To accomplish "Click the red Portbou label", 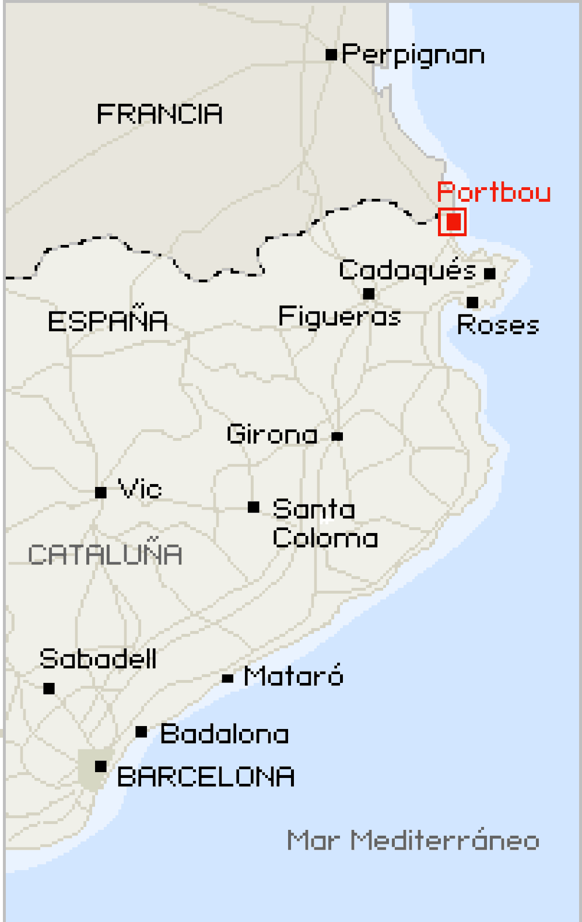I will pos(494,193).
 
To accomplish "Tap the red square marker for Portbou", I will pos(453,222).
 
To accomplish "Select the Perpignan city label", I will pos(413,55).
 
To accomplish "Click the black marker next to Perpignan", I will pos(331,54).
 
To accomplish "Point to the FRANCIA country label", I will pos(160,114).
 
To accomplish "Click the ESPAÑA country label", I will pos(108,321).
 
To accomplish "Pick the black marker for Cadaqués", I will pos(490,274).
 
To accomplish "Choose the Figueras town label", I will pos(339,317).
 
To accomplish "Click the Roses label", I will pos(498,325).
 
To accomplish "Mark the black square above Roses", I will pos(472,303).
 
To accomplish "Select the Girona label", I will pos(272,434).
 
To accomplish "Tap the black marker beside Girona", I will pos(338,437).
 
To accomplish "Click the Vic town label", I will pos(140,489).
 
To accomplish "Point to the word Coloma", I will pos(325,538).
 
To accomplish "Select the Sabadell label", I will pos(98,659).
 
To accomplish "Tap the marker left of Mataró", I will pos(227,679).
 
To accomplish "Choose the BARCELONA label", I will pos(206,777).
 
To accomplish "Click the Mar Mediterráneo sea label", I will pos(413,841).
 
